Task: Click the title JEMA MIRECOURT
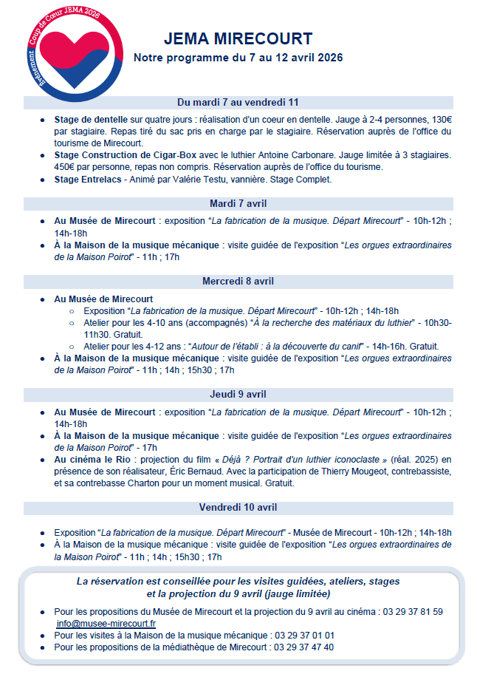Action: (x=238, y=39)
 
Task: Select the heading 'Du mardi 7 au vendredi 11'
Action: (x=238, y=102)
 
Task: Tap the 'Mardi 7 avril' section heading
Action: (x=238, y=203)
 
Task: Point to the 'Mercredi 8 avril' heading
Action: (x=238, y=281)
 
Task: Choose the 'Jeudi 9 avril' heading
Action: (x=238, y=394)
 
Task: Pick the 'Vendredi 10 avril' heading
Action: (x=238, y=507)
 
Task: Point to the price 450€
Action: (x=66, y=166)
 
